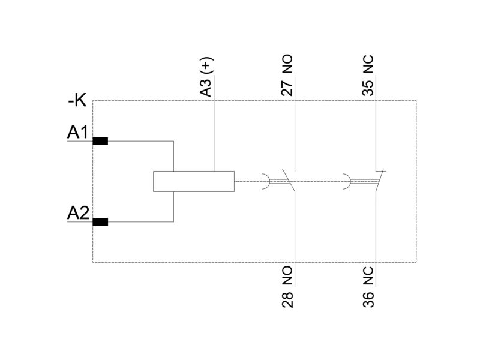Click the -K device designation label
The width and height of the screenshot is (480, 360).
[77, 100]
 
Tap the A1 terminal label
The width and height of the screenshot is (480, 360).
[78, 132]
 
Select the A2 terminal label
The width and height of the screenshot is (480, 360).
[78, 213]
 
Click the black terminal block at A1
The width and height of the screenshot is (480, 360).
[100, 141]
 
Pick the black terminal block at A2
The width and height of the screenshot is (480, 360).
[100, 222]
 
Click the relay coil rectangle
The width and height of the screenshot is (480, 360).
[194, 182]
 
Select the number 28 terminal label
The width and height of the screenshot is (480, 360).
[287, 300]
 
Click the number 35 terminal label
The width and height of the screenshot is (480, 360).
[368, 88]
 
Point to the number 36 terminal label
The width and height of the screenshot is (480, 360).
[368, 299]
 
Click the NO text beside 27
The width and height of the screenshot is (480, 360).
[287, 64]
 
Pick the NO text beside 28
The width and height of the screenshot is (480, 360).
[287, 275]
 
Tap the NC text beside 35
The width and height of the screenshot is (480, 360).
[368, 64]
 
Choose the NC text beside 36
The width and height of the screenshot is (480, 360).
[368, 275]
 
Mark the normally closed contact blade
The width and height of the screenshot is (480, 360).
[380, 181]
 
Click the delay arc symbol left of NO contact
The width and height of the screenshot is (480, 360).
[266, 182]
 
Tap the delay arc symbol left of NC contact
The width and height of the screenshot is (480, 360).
[347, 182]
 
